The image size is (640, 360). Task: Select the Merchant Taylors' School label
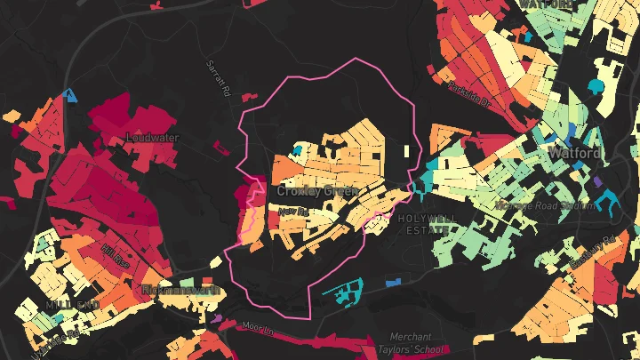click(x=418, y=342)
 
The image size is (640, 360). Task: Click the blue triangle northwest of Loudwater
click(x=70, y=93)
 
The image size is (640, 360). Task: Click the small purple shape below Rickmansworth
click(x=218, y=316)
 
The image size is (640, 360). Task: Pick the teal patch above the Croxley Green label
click(x=298, y=149)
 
